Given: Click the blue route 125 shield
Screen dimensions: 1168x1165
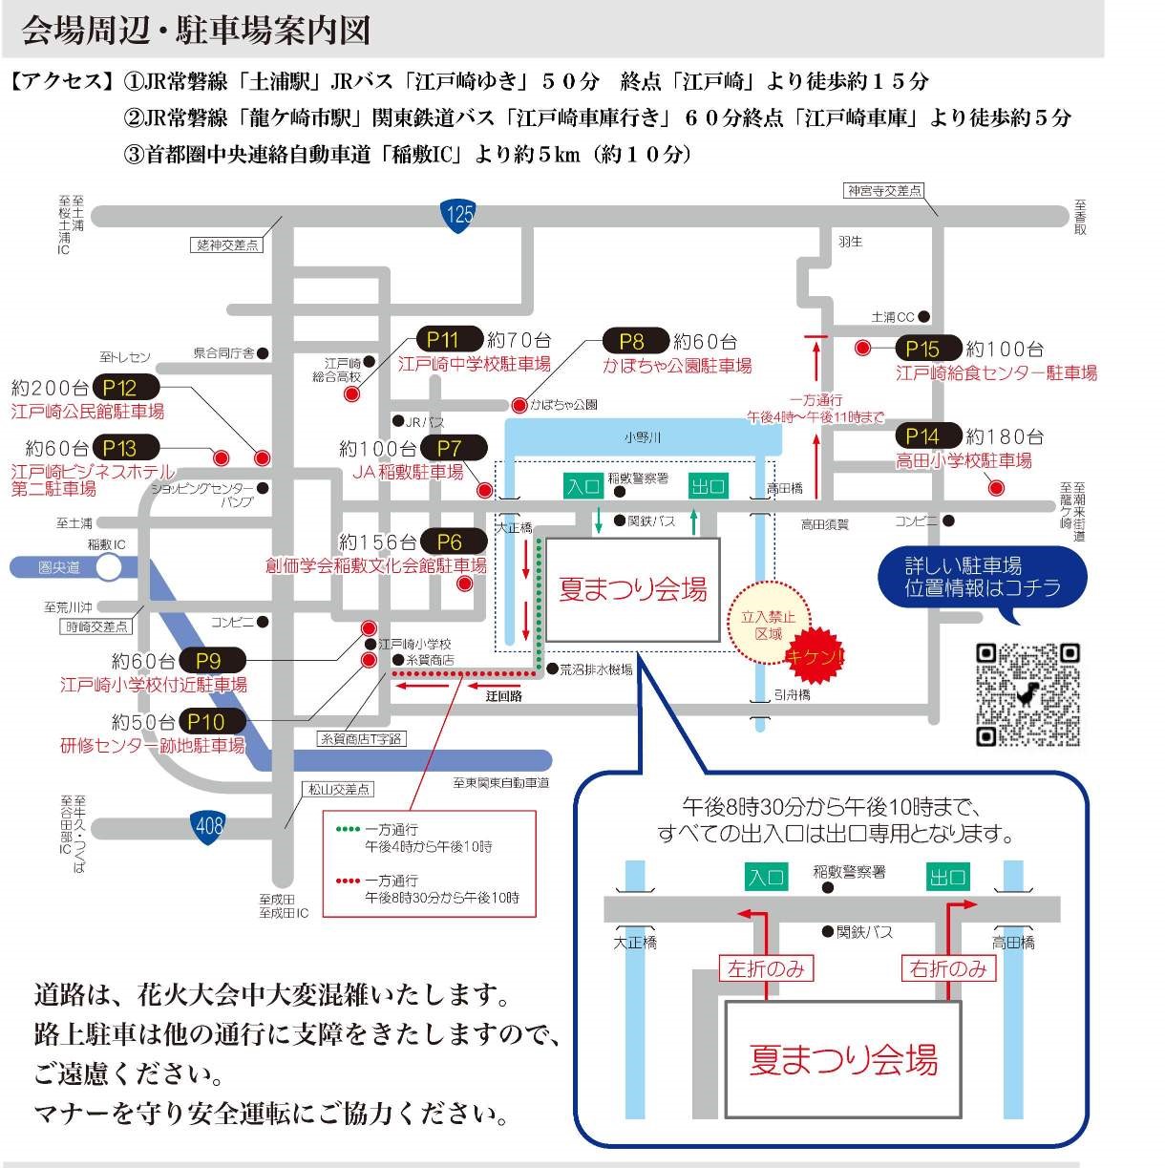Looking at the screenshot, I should click(459, 214).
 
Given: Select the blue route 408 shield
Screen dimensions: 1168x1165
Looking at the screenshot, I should click(207, 826).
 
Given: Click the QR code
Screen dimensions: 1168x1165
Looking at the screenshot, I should click(1027, 694).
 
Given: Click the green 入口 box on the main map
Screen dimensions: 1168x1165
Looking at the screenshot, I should click(582, 486).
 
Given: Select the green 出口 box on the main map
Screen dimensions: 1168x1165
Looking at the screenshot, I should click(708, 486).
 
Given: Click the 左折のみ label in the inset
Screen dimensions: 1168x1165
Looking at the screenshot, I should click(765, 968).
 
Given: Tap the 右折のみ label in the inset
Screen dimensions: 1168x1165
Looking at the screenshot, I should click(948, 968).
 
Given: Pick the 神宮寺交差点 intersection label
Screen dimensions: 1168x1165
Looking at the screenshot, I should click(884, 191).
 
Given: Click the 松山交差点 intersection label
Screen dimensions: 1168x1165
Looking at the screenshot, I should click(338, 789).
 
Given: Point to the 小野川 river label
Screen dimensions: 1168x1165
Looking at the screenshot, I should click(642, 437).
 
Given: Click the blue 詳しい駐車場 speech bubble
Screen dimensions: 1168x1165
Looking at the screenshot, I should click(982, 576).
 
